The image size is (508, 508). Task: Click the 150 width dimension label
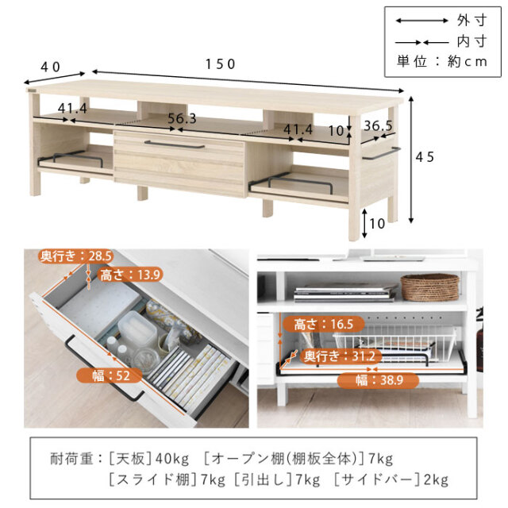[221, 64]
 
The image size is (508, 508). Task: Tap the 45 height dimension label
[425, 157]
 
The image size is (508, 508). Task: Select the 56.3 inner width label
[182, 118]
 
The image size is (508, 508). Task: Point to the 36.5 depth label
[378, 125]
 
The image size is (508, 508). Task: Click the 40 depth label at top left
[51, 67]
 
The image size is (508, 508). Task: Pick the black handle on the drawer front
[175, 144]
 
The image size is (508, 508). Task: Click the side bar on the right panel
[381, 154]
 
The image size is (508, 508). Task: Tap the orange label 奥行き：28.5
[76, 256]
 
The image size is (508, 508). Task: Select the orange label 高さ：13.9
[130, 275]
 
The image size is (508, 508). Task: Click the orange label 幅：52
[110, 375]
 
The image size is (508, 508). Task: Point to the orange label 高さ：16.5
[324, 324]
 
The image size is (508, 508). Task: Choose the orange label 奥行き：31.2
[340, 356]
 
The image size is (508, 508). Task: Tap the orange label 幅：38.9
[379, 380]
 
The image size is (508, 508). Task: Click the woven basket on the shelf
[429, 287]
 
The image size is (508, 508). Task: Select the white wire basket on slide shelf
[394, 342]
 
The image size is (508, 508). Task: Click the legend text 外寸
[472, 21]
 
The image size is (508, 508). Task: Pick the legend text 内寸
[472, 41]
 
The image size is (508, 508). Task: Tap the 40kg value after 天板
[172, 459]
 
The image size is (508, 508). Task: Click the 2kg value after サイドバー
[436, 479]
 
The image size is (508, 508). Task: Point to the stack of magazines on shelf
[345, 293]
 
